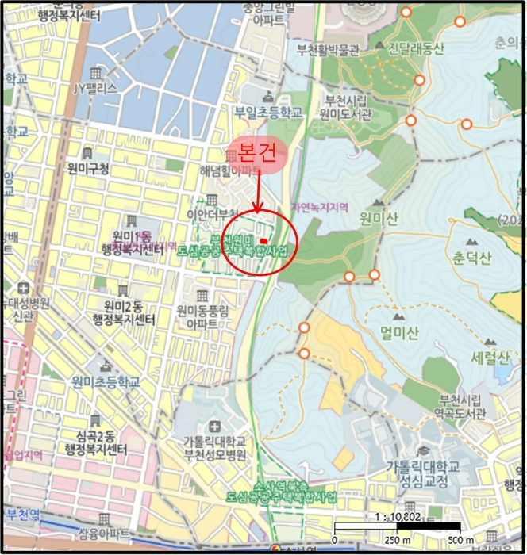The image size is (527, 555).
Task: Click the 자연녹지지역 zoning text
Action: click(x=321, y=206)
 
